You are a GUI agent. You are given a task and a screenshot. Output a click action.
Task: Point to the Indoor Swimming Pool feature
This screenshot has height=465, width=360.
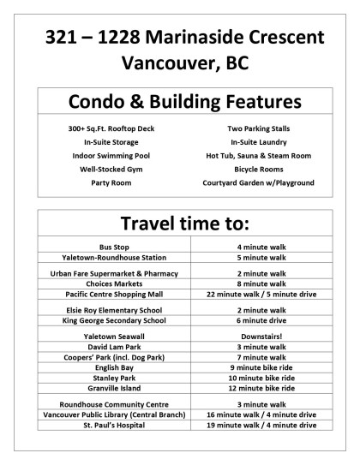(x=111, y=156)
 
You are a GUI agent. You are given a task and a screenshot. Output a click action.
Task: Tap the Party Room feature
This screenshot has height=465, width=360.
(x=111, y=183)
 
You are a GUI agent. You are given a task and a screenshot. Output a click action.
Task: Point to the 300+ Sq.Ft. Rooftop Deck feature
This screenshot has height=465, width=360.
(x=111, y=128)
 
